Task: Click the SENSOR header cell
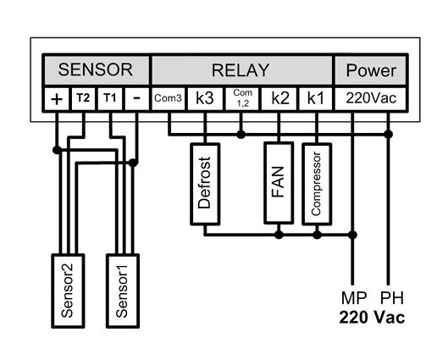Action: point(96,70)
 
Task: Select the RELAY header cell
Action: point(241,70)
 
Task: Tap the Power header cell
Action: point(371,70)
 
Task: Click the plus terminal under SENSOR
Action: point(57,99)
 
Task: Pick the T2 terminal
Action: point(83,99)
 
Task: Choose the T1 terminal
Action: point(110,99)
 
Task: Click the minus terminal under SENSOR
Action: point(137,99)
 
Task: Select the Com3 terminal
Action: point(168,99)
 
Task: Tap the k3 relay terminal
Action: point(205,99)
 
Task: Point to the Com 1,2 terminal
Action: point(242,99)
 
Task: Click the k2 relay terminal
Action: point(279,99)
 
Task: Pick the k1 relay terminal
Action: point(315,99)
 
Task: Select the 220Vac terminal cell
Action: point(371,99)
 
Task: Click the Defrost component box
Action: point(205,184)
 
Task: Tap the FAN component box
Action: point(279,183)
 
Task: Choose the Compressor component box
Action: point(317,184)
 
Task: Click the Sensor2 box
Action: point(68,291)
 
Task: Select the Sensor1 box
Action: point(123,291)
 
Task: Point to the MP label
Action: point(354,298)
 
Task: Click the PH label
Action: point(392,298)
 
